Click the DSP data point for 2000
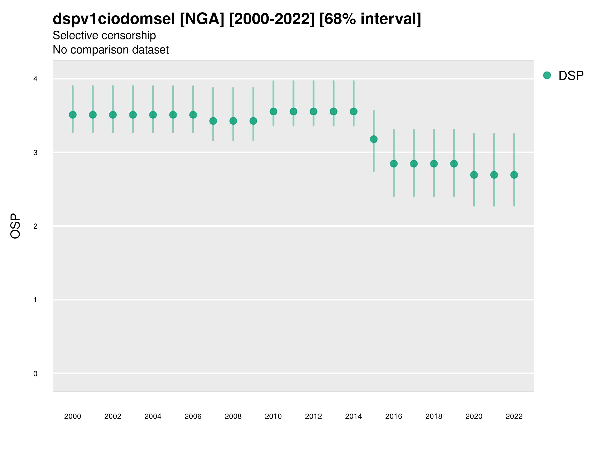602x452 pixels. pos(73,115)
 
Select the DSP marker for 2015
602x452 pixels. pos(374,139)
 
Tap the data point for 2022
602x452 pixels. pos(514,175)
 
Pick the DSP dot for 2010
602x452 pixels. pos(273,111)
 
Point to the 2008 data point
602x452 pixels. pos(233,121)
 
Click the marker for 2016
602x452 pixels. pos(394,163)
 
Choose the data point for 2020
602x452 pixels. pos(474,175)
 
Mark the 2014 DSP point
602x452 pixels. pos(353,111)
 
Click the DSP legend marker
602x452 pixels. pos(547,75)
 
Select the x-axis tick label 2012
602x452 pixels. pos(313,416)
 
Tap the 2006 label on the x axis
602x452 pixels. pos(193,416)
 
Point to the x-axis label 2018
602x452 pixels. pos(434,416)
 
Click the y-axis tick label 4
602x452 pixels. pos(35,79)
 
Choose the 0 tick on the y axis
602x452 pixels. pos(35,374)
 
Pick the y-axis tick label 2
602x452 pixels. pos(35,226)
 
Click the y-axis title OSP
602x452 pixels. pos(15,226)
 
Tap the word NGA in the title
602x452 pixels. pos(202,19)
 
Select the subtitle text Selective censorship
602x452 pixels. pos(104,35)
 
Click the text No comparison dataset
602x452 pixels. pos(111,50)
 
